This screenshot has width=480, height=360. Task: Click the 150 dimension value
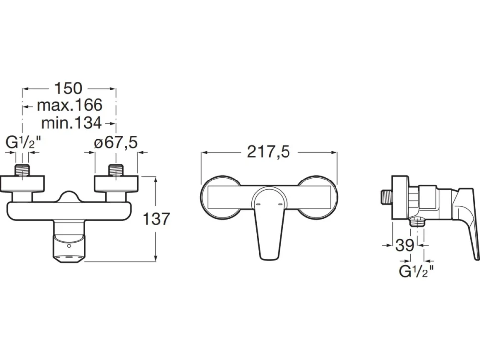68,88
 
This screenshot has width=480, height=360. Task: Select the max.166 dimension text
69,105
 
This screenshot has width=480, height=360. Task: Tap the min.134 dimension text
71,123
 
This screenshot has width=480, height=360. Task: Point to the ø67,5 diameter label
116,143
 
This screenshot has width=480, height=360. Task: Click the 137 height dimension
156,219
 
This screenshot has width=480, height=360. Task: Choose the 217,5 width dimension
268,152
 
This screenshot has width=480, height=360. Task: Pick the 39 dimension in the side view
405,245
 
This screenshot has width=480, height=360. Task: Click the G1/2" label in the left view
23,143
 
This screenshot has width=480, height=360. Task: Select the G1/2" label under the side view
416,271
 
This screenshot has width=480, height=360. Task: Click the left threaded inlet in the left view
22,170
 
